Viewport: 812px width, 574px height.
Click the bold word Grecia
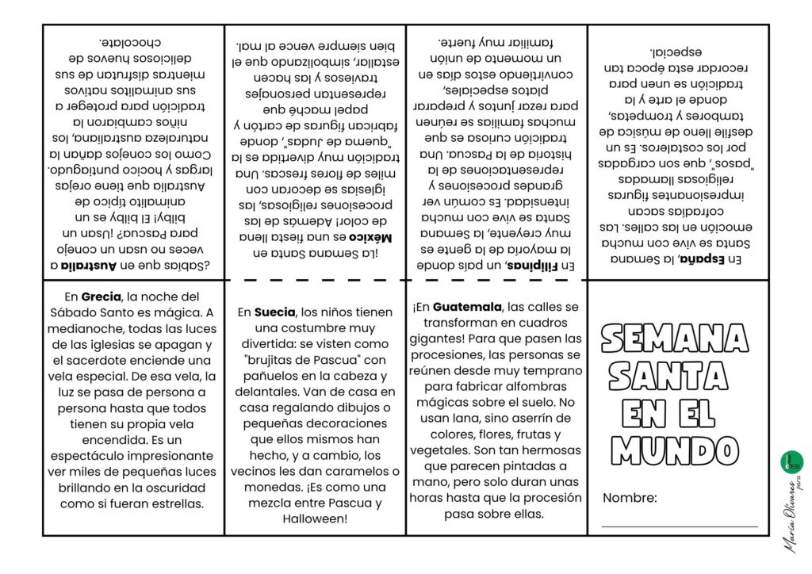(x=101, y=297)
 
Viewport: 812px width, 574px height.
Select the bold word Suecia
(x=276, y=312)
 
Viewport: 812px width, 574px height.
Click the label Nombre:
(x=630, y=498)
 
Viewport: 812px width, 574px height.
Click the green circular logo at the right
(x=791, y=460)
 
